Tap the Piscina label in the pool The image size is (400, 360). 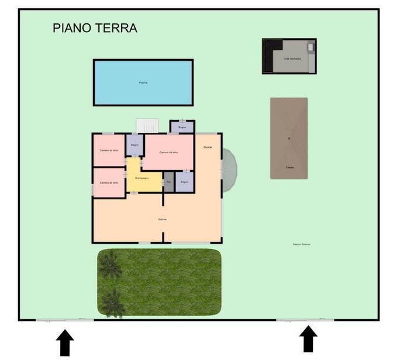click(143, 83)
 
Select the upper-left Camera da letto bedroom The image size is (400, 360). click(109, 150)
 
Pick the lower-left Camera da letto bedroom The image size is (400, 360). click(109, 183)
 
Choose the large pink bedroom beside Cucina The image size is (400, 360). click(168, 152)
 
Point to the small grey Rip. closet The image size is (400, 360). click(168, 182)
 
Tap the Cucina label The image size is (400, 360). click(208, 147)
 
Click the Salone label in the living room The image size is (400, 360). click(163, 219)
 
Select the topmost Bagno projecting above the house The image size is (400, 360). click(182, 127)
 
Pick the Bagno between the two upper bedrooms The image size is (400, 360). click(135, 144)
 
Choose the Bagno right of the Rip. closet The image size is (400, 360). click(184, 182)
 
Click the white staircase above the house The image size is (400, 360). click(147, 126)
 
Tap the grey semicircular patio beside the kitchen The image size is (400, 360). click(229, 169)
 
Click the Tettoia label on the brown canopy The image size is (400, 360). click(289, 168)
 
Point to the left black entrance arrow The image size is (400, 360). click(65, 342)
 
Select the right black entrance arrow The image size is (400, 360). click(308, 339)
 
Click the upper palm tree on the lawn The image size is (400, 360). click(110, 266)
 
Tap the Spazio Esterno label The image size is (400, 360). click(302, 244)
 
